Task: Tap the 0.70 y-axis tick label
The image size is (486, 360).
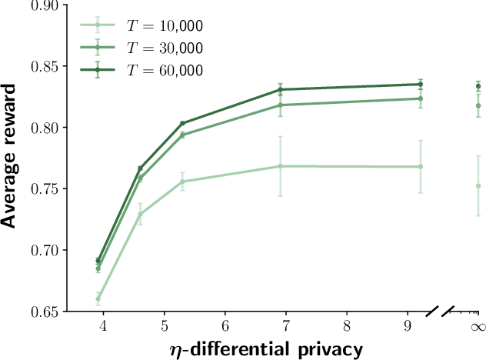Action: point(44,251)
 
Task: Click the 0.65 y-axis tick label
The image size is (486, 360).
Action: point(44,312)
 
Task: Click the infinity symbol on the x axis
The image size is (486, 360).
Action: point(478,327)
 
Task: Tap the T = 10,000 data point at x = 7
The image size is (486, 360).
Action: point(281,166)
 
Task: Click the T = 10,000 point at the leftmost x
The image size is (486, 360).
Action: point(98,298)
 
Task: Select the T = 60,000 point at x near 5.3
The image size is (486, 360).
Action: point(182,123)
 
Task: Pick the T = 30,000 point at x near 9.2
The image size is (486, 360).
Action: point(421,98)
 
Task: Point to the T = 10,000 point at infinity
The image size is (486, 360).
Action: point(478,185)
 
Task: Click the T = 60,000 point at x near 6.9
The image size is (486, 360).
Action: point(281,89)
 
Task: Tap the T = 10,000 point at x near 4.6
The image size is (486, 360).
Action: point(140,214)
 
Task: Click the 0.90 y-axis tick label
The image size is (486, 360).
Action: point(44,6)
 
